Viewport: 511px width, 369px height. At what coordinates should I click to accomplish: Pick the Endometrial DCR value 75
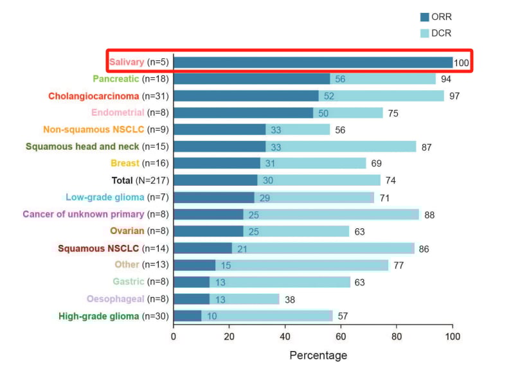[392, 113]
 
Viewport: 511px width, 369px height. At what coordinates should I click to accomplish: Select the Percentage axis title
[318, 355]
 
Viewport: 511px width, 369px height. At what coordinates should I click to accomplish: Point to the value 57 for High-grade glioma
[343, 316]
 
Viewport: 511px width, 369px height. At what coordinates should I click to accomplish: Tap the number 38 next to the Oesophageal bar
[291, 299]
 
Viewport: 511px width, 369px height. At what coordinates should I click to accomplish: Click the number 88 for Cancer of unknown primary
[429, 215]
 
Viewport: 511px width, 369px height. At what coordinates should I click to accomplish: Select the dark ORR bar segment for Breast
[217, 163]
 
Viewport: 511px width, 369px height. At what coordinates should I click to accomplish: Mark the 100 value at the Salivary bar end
[462, 63]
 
